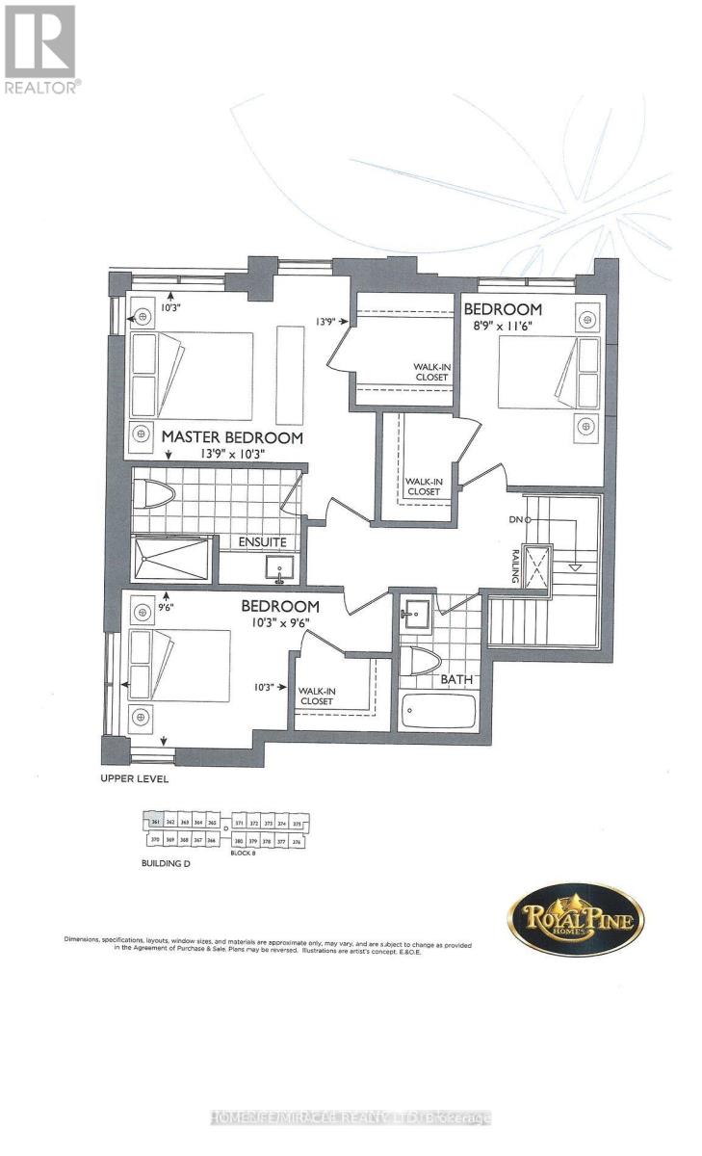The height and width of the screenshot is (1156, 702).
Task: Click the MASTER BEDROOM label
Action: click(232, 436)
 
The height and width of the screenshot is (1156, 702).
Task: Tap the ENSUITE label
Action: click(263, 542)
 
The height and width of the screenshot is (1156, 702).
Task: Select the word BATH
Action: click(456, 679)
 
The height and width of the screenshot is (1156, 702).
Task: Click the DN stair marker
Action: click(517, 520)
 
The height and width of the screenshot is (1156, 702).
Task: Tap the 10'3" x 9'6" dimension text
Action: click(279, 622)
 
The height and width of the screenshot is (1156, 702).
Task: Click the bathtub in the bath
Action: click(438, 711)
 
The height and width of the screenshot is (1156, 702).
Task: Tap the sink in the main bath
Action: click(417, 614)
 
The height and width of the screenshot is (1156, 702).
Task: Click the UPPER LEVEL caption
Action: click(135, 778)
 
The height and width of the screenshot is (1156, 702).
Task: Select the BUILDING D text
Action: click(160, 865)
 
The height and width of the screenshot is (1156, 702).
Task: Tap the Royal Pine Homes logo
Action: click(576, 918)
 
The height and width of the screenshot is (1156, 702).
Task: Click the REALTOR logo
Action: click(41, 48)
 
